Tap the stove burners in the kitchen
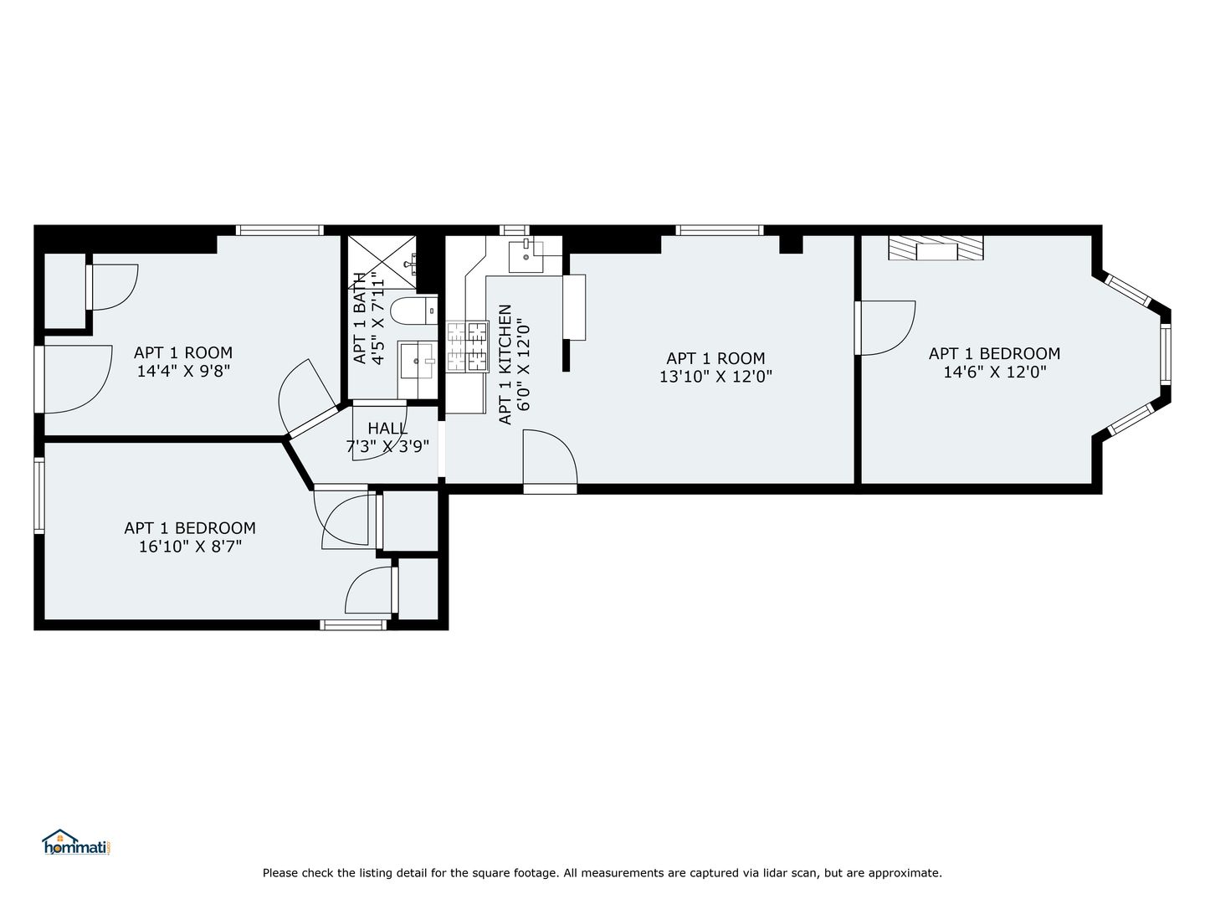pos(467,347)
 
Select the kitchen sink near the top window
pos(526,256)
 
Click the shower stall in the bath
pos(382,263)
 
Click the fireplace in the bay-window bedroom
pos(936,248)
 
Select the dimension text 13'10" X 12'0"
pos(715,377)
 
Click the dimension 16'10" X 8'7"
pos(190,547)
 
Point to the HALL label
pos(387,428)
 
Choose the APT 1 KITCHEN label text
pos(505,364)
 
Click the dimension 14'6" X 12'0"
pos(994,372)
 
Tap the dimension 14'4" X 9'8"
pos(182,371)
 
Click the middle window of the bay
pos(1166,353)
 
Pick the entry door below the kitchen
pos(550,461)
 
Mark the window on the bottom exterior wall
pos(353,624)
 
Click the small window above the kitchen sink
pos(515,230)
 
